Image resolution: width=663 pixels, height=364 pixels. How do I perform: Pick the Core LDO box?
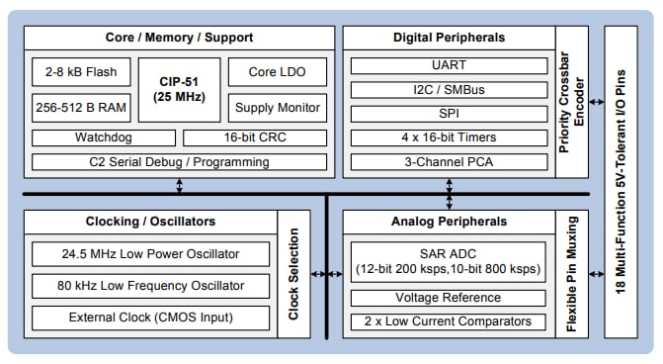(x=277, y=72)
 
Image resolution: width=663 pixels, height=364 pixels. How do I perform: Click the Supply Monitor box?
(x=277, y=106)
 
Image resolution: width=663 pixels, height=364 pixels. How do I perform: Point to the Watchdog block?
(x=103, y=137)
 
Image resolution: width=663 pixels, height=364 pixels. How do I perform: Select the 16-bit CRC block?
(x=254, y=137)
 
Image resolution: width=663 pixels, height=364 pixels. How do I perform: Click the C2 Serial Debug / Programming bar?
(x=179, y=160)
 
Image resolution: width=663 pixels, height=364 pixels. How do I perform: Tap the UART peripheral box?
(x=450, y=66)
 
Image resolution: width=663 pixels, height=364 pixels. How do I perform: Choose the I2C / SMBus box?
(x=450, y=90)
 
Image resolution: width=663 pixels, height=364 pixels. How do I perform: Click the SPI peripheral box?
(x=450, y=113)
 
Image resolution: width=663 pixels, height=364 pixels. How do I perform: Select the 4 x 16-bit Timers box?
(x=450, y=136)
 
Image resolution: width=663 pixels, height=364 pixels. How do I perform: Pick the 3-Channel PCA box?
(x=450, y=160)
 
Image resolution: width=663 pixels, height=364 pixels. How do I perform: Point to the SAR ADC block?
(x=450, y=261)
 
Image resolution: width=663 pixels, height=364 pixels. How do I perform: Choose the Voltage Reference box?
(x=450, y=298)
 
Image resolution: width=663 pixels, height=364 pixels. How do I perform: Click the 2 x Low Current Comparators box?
(x=450, y=321)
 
